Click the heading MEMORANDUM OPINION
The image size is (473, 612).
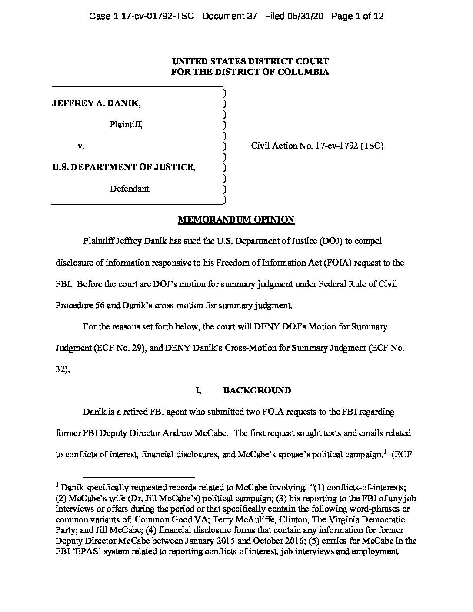click(236, 220)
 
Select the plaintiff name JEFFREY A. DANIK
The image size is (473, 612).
click(96, 103)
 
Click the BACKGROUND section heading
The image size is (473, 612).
click(257, 390)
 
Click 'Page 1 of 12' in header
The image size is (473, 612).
click(357, 17)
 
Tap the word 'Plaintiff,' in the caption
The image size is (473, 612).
click(126, 125)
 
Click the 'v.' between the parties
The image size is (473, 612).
click(80, 146)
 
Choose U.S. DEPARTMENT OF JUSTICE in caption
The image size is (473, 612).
click(123, 167)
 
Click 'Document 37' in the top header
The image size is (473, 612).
click(236, 17)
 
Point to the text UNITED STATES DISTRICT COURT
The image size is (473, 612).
click(250, 62)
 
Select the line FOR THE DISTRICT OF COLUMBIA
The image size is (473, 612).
click(250, 72)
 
